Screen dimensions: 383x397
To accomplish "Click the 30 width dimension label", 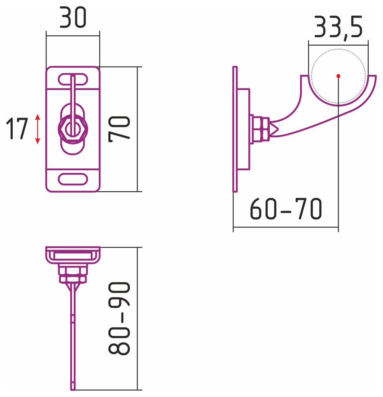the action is (x=73, y=17).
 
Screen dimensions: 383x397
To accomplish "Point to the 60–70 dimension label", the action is (x=286, y=209).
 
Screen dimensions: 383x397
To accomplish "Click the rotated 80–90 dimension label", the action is (x=119, y=318).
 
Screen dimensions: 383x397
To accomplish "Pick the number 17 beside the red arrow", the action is (x=17, y=128).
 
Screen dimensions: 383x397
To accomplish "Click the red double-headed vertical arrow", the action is (x=37, y=129).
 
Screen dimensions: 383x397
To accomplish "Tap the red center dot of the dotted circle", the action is (x=338, y=76).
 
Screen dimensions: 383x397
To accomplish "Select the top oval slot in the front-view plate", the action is (x=73, y=79).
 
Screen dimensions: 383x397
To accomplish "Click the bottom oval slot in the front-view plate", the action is (x=73, y=179).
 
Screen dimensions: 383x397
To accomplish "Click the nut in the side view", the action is (x=261, y=129).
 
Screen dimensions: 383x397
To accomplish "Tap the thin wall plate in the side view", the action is (x=235, y=129).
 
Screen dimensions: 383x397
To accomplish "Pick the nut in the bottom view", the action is (x=73, y=274).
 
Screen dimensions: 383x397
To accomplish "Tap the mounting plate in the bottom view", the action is (x=73, y=255).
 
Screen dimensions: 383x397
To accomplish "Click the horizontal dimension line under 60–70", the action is (x=286, y=227).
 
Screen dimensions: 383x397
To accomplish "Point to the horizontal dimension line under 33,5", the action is (x=338, y=45).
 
